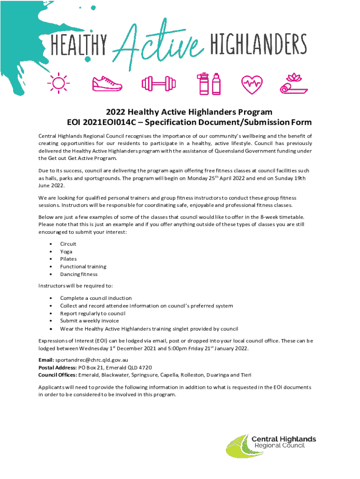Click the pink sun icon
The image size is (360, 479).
[58, 83]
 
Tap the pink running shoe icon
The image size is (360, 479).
[107, 84]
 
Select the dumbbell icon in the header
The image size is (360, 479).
[158, 84]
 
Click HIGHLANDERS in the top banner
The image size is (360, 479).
[258, 46]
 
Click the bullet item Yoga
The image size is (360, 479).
[66, 252]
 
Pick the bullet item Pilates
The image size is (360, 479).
[68, 259]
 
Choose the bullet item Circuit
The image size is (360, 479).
[68, 244]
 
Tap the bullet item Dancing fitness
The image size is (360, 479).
[79, 274]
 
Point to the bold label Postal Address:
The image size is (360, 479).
[57, 368]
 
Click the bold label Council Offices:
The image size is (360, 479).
[58, 375]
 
